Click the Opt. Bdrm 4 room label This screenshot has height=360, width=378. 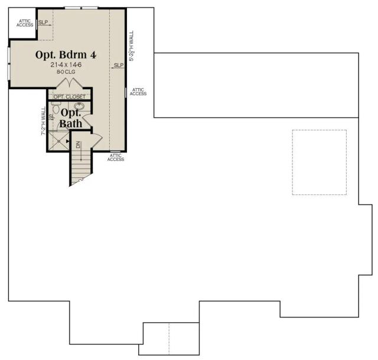[x=66, y=55]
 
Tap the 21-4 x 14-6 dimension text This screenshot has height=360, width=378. [x=66, y=64]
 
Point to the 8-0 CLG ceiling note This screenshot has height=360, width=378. [x=66, y=72]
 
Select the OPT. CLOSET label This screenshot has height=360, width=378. [x=70, y=97]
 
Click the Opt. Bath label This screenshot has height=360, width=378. [x=71, y=118]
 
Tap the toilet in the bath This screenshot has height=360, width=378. [x=56, y=108]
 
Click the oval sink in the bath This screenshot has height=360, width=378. [x=79, y=106]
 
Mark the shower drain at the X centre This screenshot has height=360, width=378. [x=58, y=141]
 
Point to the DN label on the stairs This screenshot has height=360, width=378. [x=78, y=145]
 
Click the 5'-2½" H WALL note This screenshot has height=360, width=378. [x=131, y=46]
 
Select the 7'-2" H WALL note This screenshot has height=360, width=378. [x=43, y=121]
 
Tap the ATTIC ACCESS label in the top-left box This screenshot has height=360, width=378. [x=25, y=23]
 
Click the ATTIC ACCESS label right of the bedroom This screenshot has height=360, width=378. [x=138, y=92]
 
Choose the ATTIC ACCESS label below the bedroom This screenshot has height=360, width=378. [x=116, y=157]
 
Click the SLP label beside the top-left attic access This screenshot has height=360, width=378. [x=43, y=22]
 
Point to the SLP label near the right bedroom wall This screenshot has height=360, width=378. [x=119, y=65]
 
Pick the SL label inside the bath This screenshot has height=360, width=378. [x=52, y=117]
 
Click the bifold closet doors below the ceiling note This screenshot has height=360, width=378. [x=70, y=83]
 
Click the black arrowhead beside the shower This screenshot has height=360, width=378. [x=67, y=141]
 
